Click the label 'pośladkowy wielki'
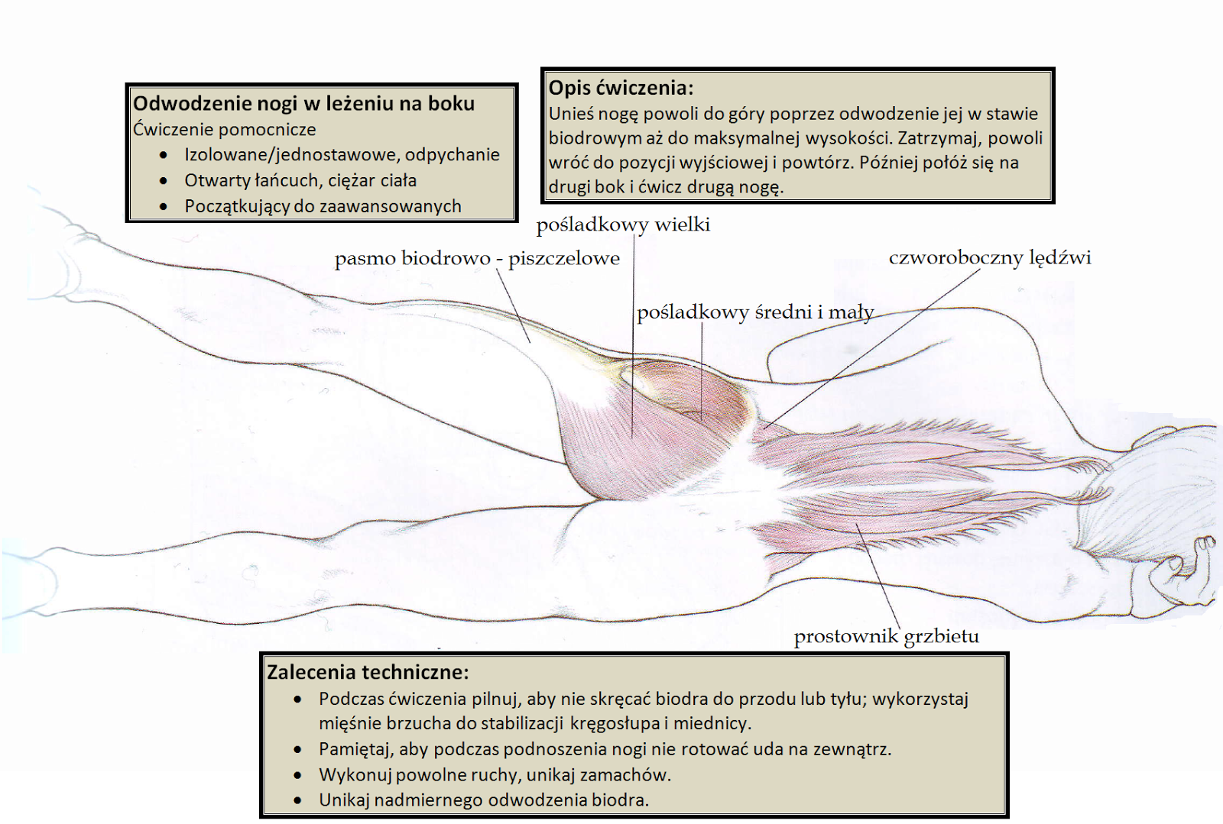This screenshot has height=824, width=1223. tap(623, 225)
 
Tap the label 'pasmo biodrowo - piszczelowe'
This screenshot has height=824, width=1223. tap(477, 259)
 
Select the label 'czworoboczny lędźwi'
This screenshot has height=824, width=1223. tap(990, 258)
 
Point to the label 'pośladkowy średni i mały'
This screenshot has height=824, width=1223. tap(754, 312)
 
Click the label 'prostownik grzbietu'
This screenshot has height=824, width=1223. tap(886, 636)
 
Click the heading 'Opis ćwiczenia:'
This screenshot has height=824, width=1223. tap(621, 88)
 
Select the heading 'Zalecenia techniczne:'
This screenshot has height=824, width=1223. tap(368, 673)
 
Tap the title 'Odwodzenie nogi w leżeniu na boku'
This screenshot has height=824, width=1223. tap(303, 104)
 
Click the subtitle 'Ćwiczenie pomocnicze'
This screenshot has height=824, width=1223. tap(224, 130)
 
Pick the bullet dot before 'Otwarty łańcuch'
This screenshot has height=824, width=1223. tap(164, 181)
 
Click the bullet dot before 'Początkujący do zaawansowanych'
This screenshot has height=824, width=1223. tap(164, 207)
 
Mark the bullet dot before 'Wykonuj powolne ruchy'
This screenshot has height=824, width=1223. tap(298, 775)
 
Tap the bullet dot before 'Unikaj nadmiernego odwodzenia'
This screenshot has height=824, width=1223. tap(298, 801)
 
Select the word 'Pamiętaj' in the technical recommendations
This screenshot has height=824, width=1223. tap(355, 749)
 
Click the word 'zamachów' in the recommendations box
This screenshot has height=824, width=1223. tap(624, 775)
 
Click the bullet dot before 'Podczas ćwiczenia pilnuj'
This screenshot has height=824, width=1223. tap(298, 700)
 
